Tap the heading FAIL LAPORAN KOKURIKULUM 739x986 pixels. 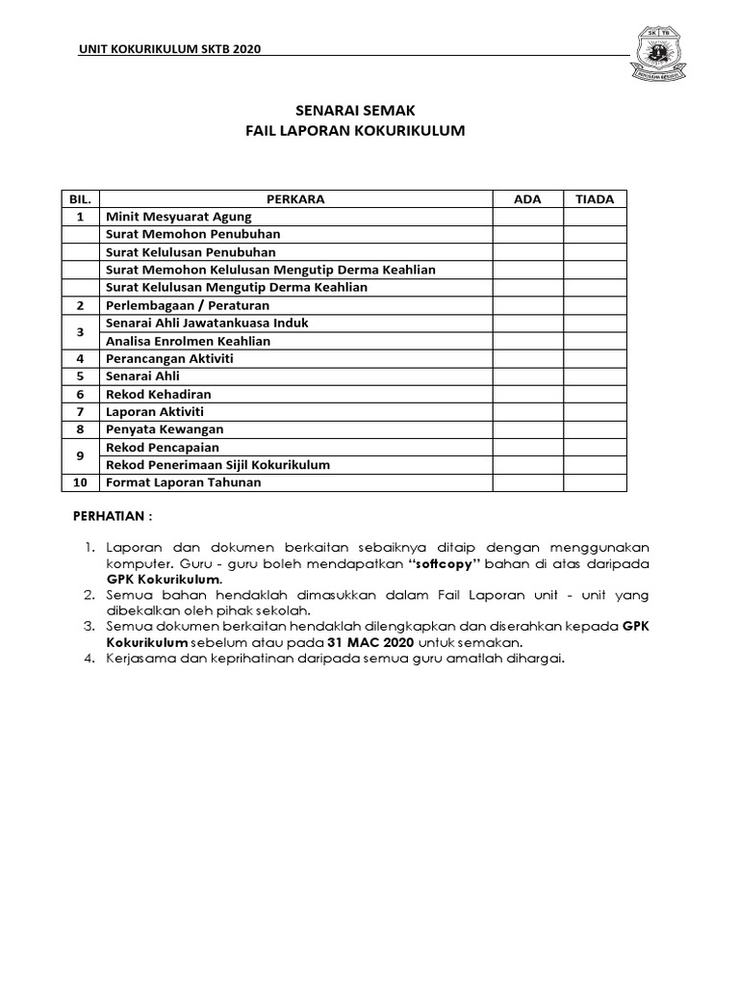click(355, 131)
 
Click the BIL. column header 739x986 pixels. click(80, 199)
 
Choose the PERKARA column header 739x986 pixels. click(295, 199)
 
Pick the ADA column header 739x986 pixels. click(527, 199)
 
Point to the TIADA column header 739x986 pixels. click(595, 199)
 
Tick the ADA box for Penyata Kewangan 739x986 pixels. click(527, 429)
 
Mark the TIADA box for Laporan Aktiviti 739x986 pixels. click(595, 412)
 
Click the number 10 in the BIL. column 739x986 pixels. click(80, 482)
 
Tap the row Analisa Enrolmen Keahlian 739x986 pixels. click(188, 341)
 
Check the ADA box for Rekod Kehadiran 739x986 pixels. click(527, 394)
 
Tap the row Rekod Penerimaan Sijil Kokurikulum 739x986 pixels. click(217, 465)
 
